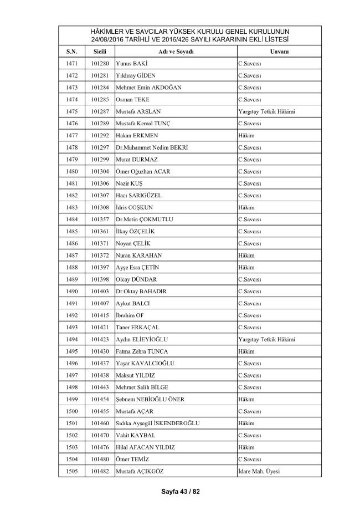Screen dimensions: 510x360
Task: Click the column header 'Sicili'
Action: tap(100, 51)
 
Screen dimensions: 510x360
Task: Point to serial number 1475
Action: tap(71, 111)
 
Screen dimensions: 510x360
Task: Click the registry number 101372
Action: tap(100, 255)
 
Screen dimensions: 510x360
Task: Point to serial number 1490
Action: tap(71, 291)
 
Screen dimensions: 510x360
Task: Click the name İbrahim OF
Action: tap(130, 315)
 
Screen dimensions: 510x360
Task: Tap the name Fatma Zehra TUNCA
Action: tap(142, 351)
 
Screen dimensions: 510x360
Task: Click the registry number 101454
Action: tap(100, 399)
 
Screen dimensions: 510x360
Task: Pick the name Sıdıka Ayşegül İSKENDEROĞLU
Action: tap(158, 423)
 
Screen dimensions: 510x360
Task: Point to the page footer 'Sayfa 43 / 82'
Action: tap(180, 491)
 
